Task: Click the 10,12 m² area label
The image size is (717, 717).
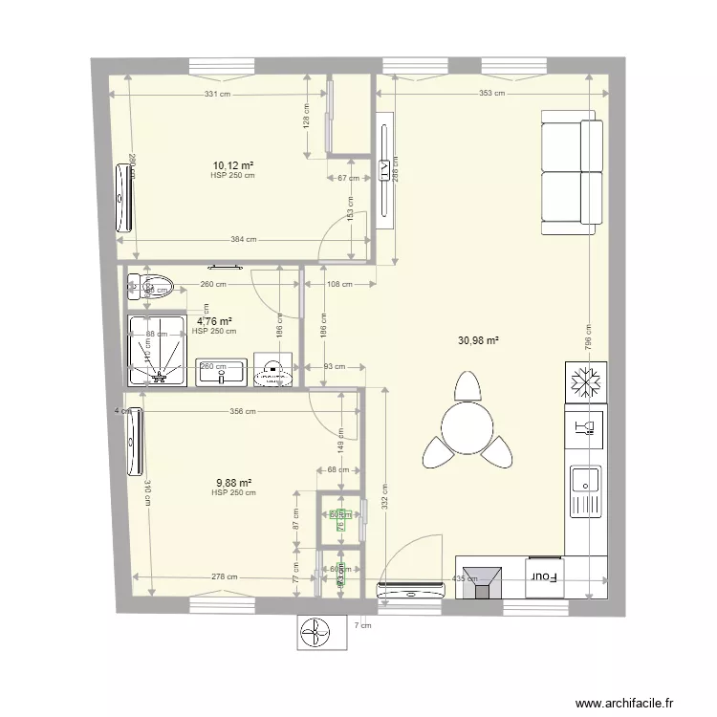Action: click(233, 165)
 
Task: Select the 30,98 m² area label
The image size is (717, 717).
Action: click(482, 339)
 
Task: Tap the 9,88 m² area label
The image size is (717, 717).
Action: click(233, 483)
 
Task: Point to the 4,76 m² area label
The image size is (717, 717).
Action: click(214, 322)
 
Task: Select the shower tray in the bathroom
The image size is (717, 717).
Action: click(157, 350)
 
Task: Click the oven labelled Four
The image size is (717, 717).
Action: click(545, 576)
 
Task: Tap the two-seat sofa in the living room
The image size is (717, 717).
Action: click(572, 172)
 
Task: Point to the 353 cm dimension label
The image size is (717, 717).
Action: click(491, 94)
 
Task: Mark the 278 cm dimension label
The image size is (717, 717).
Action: click(225, 577)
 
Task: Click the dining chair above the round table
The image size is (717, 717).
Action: click(466, 386)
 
